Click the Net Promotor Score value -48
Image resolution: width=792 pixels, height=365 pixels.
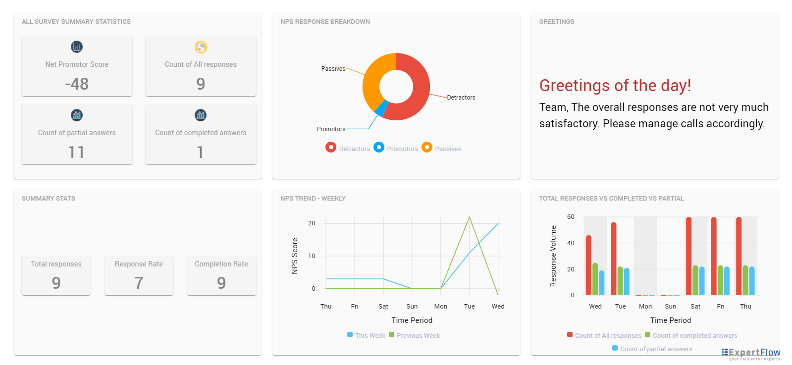click(x=77, y=84)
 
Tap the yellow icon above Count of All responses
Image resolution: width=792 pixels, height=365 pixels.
click(x=201, y=47)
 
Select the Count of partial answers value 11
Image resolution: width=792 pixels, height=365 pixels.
click(x=76, y=152)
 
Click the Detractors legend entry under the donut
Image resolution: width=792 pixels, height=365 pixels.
click(x=348, y=148)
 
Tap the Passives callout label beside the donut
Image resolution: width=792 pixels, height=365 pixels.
click(x=333, y=69)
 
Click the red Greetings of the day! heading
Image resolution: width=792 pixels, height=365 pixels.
click(x=615, y=85)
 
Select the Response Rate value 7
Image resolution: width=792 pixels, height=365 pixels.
click(x=139, y=283)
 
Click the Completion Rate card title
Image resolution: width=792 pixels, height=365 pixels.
click(x=221, y=264)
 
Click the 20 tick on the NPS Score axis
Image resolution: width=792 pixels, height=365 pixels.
click(x=312, y=223)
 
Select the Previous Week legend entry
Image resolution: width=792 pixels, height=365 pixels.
click(x=415, y=335)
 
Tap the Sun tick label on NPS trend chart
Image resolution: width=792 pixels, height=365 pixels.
click(x=412, y=307)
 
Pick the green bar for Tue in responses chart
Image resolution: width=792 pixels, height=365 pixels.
click(x=620, y=281)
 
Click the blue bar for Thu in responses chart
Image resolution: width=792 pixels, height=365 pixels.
click(x=752, y=281)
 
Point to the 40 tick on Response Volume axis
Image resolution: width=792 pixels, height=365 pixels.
click(x=571, y=243)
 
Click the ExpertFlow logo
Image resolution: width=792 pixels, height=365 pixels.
click(x=750, y=354)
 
